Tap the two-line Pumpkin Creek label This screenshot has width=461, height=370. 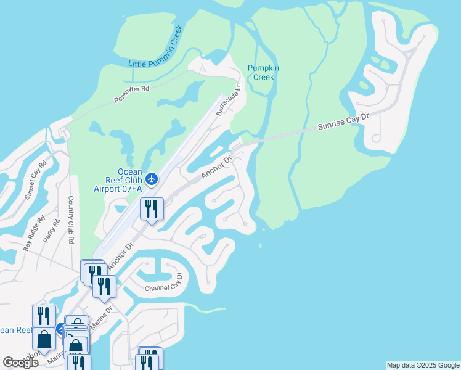263,72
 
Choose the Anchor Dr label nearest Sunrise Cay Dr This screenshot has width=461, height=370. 216,168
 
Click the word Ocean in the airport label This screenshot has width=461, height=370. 130,171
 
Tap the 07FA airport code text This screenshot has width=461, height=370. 130,189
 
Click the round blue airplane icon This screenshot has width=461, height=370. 152,179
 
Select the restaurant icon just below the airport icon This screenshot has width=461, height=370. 151,208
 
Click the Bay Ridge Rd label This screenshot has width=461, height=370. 34,233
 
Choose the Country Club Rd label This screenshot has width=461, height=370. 71,219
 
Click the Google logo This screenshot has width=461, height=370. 20,362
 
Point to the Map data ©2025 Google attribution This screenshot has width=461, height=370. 423,365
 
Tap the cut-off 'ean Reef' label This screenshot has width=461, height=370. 15,330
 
